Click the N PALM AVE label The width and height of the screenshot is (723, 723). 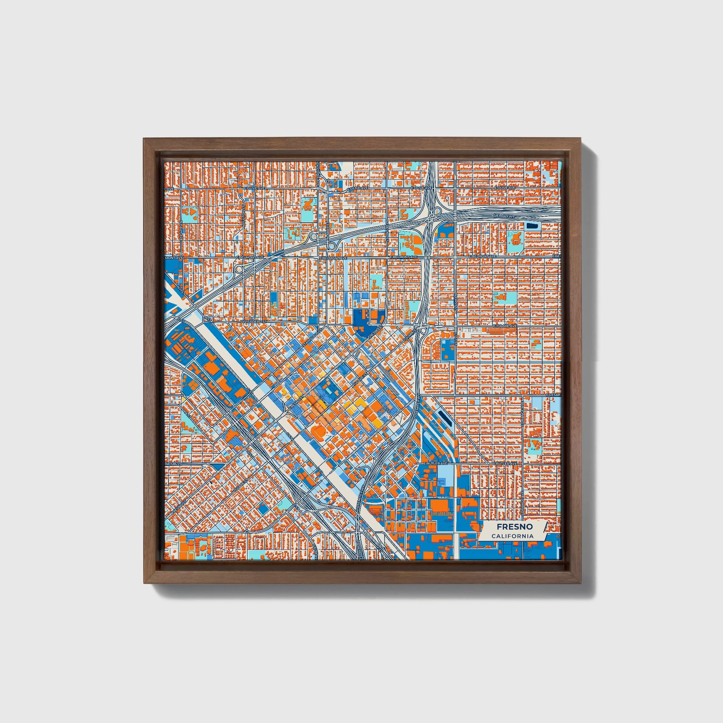(182, 227)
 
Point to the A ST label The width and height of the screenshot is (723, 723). (187, 414)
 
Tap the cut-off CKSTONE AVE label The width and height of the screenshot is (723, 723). (318, 174)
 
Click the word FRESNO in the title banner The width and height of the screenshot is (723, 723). (515, 526)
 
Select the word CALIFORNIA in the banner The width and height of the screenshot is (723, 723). (512, 536)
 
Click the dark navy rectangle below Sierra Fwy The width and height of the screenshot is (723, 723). (531, 225)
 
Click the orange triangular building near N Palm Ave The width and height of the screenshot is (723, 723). (192, 211)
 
